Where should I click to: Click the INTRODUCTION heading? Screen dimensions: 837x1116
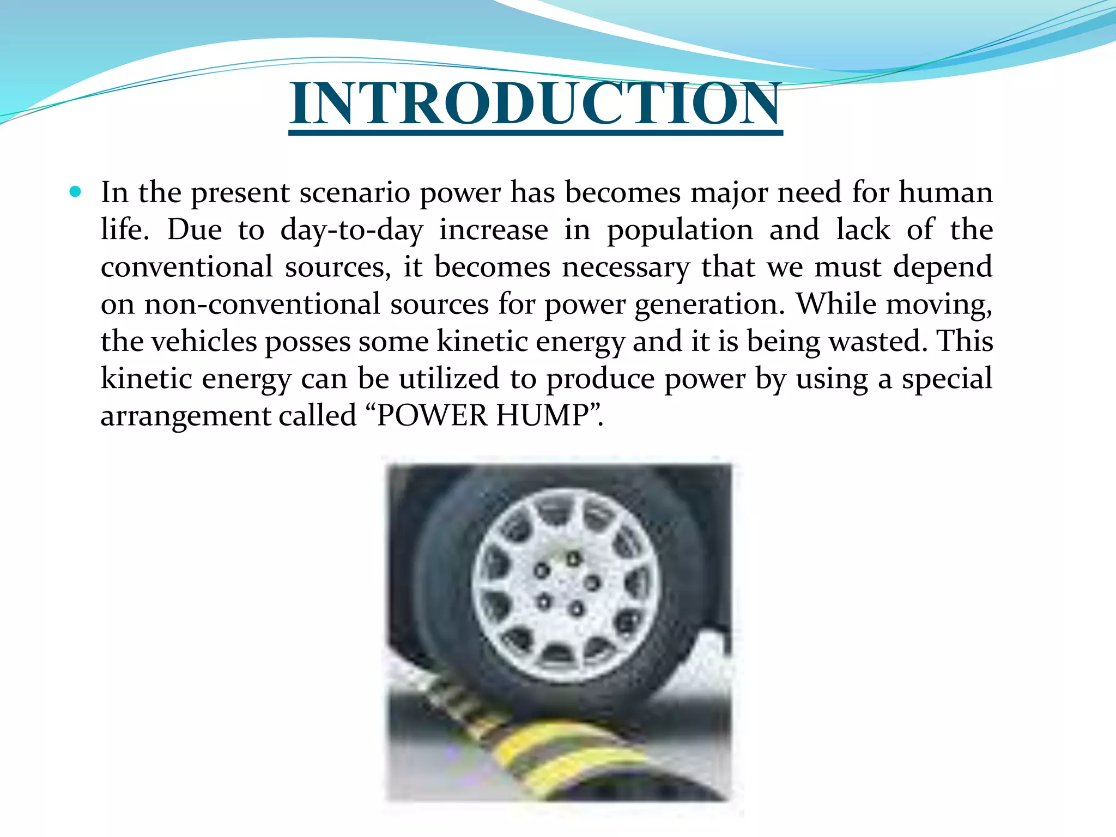pos(536,104)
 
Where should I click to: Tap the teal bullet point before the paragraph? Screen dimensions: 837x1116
pos(75,192)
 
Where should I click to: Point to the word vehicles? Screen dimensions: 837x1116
pos(204,342)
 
